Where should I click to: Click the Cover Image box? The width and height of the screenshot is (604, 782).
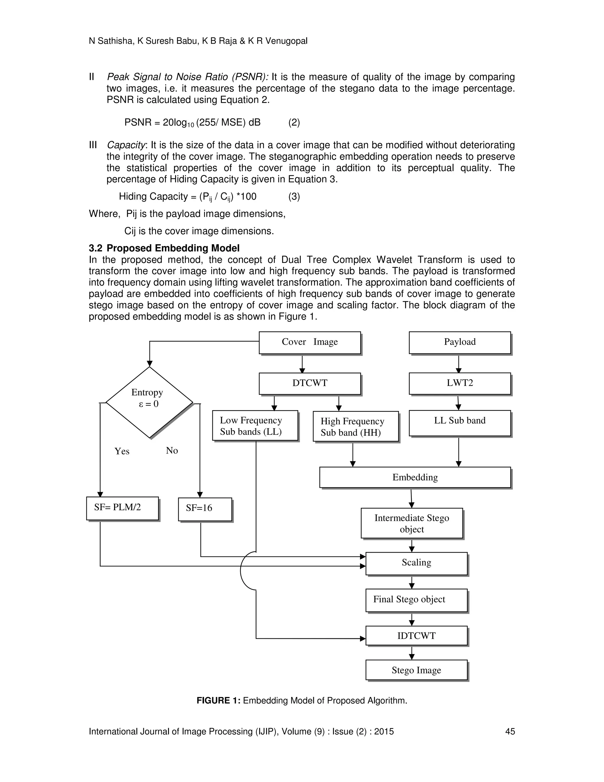(309, 342)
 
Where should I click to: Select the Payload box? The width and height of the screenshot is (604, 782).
(459, 342)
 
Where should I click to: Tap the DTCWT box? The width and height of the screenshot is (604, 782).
(309, 384)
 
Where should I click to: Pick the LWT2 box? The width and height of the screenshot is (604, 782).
(459, 384)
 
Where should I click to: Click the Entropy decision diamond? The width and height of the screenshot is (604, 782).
(149, 402)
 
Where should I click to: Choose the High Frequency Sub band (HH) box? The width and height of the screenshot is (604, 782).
(355, 426)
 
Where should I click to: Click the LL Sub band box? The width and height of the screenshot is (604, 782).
(459, 423)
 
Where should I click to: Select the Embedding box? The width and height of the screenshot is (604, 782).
(415, 477)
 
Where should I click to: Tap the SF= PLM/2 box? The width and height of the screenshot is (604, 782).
(122, 508)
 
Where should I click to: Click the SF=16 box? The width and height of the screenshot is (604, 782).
(205, 509)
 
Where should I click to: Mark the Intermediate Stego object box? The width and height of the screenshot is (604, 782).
(411, 523)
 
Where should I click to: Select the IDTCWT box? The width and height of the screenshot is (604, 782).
(416, 636)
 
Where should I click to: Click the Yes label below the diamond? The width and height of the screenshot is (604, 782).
(122, 451)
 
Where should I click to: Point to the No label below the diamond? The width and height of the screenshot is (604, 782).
(172, 450)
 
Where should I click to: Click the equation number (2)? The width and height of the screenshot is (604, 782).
(294, 123)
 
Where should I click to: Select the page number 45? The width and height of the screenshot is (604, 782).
(510, 732)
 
